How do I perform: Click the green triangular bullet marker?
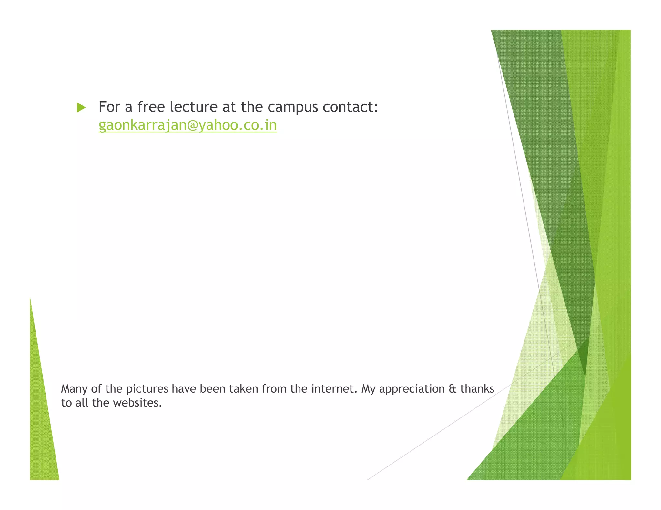pos(81,108)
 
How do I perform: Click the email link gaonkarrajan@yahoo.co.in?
pos(188,125)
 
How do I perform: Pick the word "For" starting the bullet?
pos(109,107)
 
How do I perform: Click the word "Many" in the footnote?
pos(74,389)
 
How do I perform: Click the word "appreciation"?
pos(412,389)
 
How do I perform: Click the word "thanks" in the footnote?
pos(477,389)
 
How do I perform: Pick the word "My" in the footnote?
pos(368,389)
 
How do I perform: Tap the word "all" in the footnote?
pos(82,403)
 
